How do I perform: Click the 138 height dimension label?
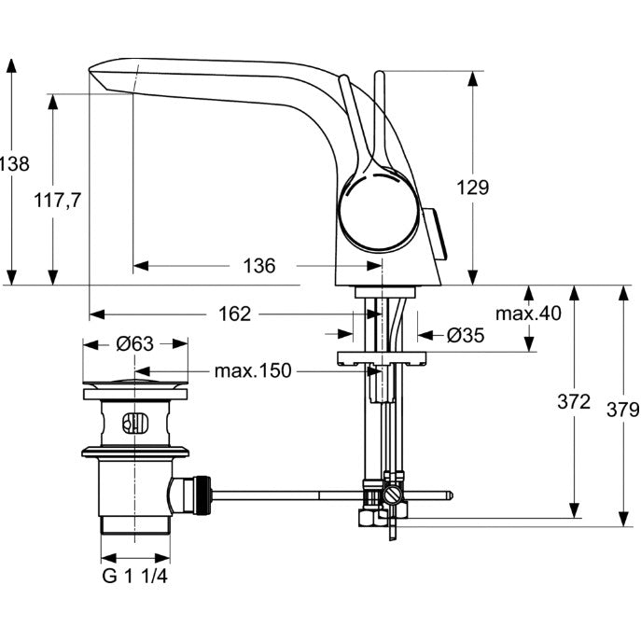[14, 164]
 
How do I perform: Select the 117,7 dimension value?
[58, 201]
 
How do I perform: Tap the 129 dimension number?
[472, 188]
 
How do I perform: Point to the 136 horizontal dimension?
[259, 266]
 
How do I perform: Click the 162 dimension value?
[234, 314]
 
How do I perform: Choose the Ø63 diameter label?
[135, 343]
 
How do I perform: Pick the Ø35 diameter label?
[466, 335]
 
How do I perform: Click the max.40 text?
[528, 314]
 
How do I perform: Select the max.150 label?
[253, 370]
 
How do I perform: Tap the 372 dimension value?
[574, 402]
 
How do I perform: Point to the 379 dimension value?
[622, 410]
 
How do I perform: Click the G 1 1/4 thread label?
[135, 576]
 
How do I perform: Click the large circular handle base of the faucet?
[380, 210]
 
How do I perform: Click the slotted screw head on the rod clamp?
[393, 495]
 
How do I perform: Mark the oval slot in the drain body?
[135, 423]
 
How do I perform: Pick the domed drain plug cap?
[135, 383]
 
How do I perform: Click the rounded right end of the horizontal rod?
[450, 495]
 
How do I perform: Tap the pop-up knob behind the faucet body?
[435, 233]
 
